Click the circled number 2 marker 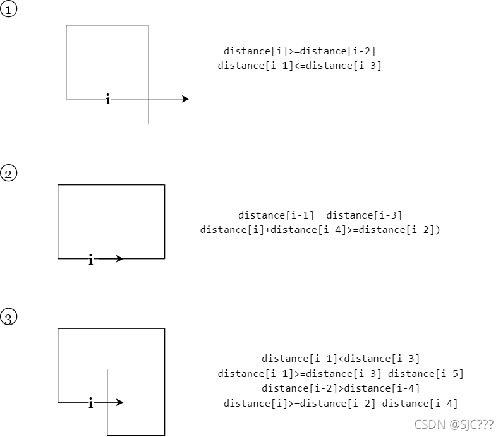coord(8,173)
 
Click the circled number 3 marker coord(8,317)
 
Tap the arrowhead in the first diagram coord(185,99)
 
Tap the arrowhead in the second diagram coord(119,258)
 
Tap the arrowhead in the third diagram coord(119,402)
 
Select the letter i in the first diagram coord(108,99)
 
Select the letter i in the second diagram coord(91,260)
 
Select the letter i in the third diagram coord(91,404)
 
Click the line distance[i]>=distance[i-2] coord(300,51)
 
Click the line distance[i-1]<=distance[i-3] coord(300,65)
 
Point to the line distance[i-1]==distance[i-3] coord(320,215)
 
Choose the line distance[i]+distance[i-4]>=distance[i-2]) coord(320,230)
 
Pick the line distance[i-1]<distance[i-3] coord(341,359)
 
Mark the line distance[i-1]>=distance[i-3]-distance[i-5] coord(341,373)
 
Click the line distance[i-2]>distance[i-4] coord(341,388)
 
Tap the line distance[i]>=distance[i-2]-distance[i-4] coord(341,403)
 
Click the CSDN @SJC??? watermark coord(450,424)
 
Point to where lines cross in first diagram coord(148,99)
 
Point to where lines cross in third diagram coord(107,402)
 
